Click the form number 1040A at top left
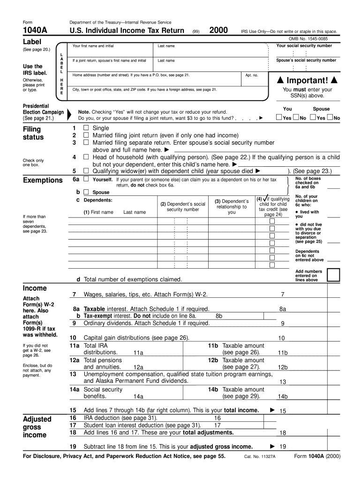34,31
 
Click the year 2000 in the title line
219,31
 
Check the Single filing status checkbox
86,128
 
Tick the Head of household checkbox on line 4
86,157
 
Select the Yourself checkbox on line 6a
86,179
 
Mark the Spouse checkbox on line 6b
86,192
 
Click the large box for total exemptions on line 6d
333,275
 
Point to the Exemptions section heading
43,180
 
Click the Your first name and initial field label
93,46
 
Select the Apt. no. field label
252,75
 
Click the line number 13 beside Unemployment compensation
73,374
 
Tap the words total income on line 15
241,410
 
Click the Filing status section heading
33,133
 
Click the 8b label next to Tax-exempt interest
219,316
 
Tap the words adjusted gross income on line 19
221,447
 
